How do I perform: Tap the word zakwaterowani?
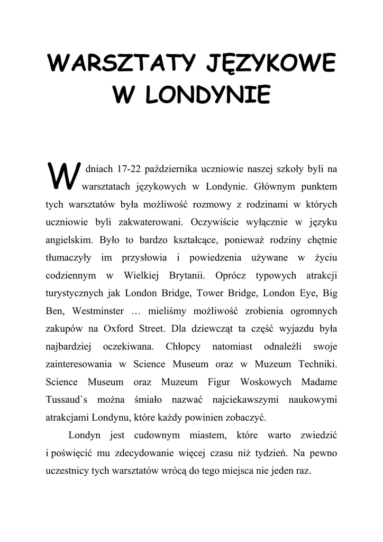coord(150,222)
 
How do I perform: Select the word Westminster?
coord(98,311)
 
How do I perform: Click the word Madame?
coord(319,382)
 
